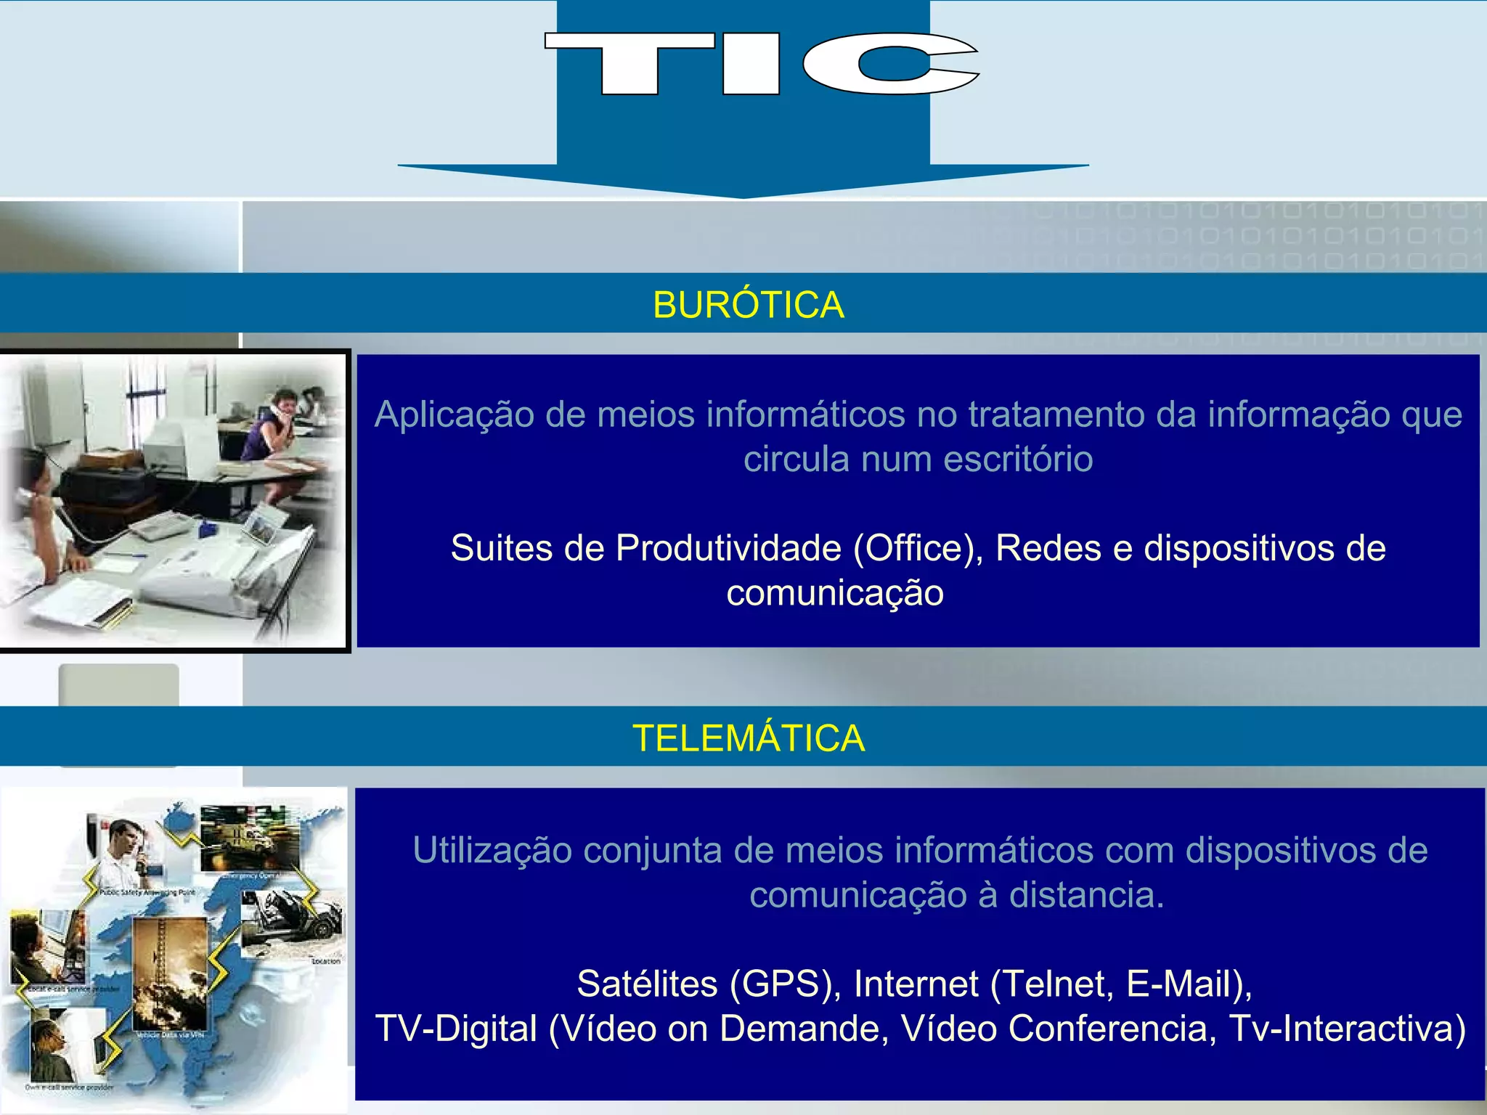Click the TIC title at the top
click(x=761, y=64)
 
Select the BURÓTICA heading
click(x=748, y=305)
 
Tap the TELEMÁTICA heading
click(x=748, y=738)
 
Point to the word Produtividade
click(x=728, y=548)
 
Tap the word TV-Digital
click(x=456, y=1029)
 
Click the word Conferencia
click(x=1112, y=1029)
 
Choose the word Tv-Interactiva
click(x=1347, y=1029)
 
